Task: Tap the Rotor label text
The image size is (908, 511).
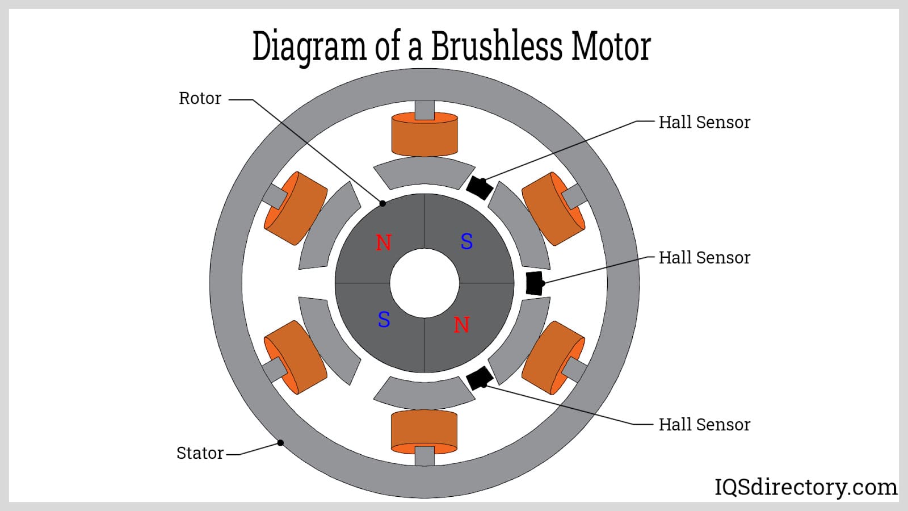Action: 200,98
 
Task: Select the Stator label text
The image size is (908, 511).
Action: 200,453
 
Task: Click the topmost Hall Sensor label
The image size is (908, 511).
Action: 704,122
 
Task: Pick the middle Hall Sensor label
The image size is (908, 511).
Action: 704,258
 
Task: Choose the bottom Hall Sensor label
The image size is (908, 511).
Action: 704,425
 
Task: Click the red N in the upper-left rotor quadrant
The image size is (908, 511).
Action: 384,243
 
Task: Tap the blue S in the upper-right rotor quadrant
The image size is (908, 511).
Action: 466,242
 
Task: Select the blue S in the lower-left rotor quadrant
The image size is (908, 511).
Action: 384,320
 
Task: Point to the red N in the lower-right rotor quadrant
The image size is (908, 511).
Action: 461,325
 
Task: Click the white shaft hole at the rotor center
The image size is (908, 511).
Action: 424,283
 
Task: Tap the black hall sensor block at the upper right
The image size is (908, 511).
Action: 479,188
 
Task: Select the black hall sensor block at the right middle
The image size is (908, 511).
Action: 534,283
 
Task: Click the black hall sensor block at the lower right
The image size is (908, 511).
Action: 480,378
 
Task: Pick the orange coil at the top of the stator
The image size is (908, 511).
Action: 424,135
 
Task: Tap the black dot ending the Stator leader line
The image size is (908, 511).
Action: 280,443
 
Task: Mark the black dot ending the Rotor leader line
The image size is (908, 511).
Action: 382,203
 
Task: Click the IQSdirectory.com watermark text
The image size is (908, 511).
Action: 805,487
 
